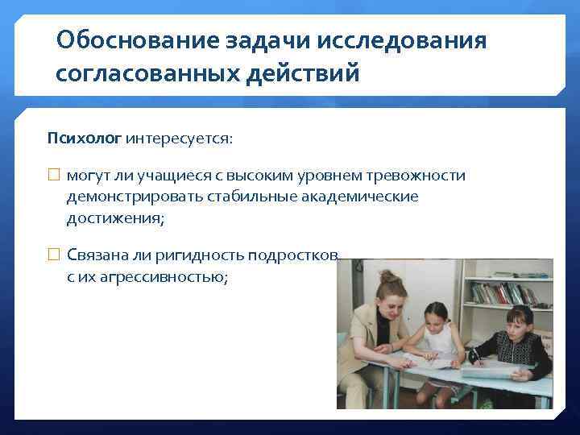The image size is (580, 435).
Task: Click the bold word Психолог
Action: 84,138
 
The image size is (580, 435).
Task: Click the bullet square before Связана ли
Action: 54,255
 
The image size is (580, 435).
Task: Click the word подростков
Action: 294,255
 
